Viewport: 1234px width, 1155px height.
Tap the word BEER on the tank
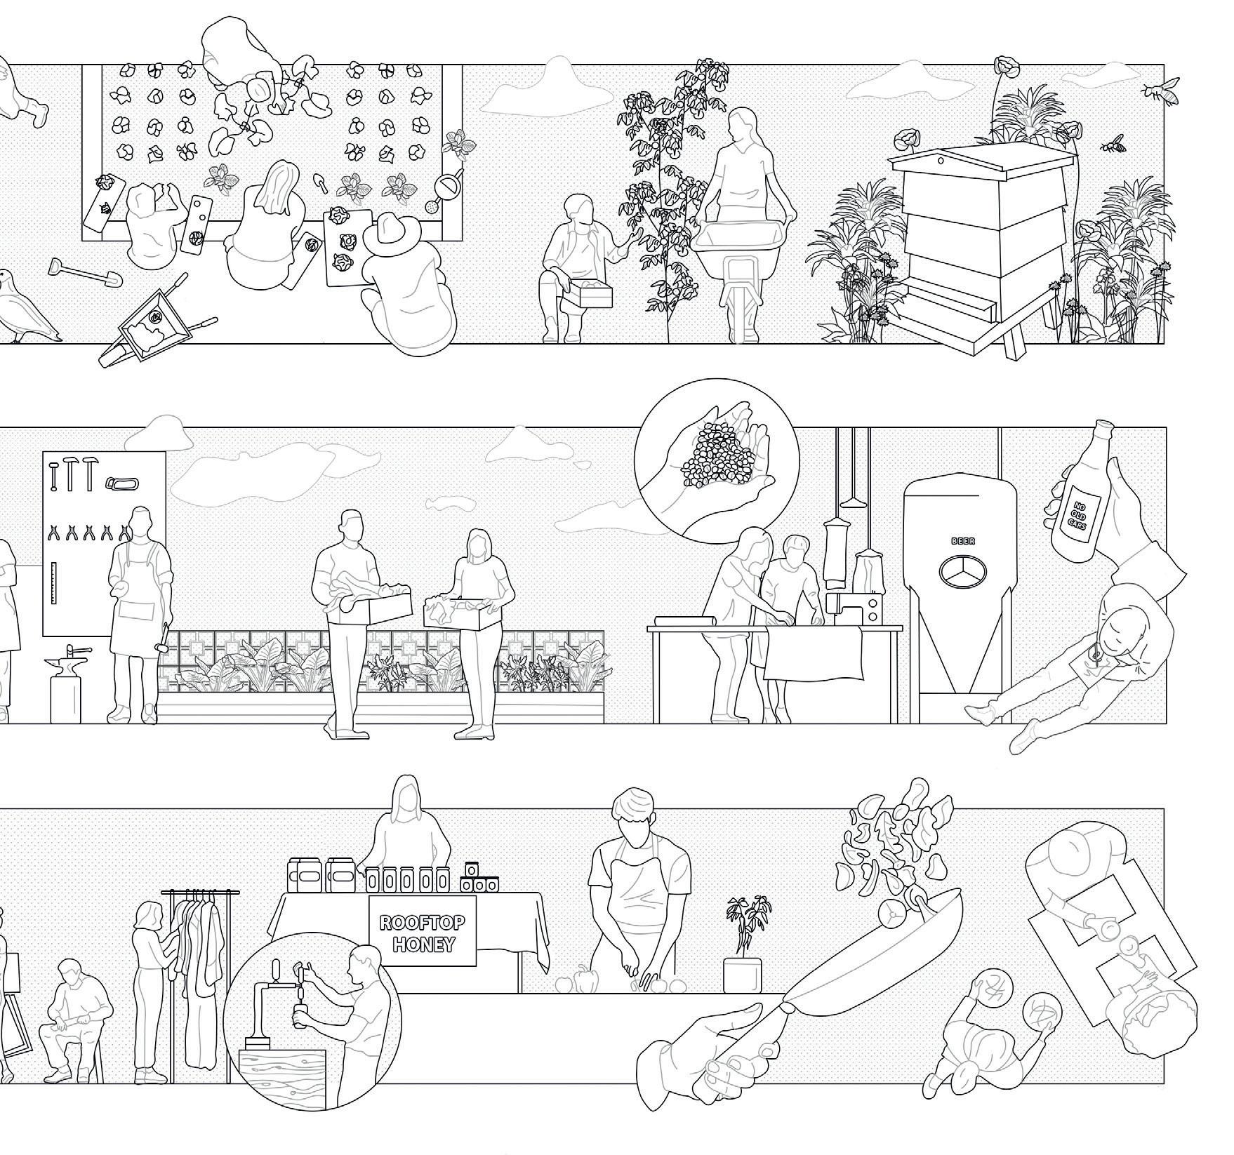tap(960, 542)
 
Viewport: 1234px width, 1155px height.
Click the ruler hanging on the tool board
tap(55, 583)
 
